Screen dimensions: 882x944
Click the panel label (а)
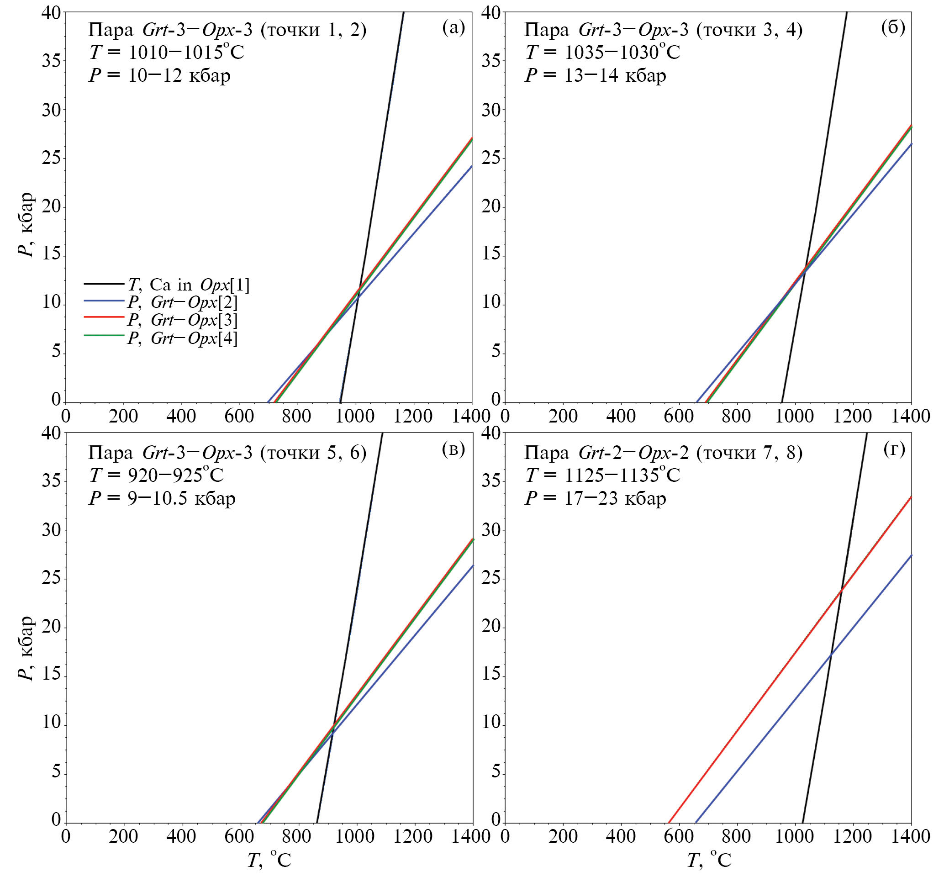click(x=453, y=28)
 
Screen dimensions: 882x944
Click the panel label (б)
click(x=893, y=28)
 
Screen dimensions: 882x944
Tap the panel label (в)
click(x=453, y=449)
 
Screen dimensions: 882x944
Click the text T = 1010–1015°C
click(x=166, y=52)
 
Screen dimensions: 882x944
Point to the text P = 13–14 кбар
click(x=596, y=75)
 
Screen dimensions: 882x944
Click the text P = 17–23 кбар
click(x=596, y=498)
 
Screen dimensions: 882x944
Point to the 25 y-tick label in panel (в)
click(x=52, y=579)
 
